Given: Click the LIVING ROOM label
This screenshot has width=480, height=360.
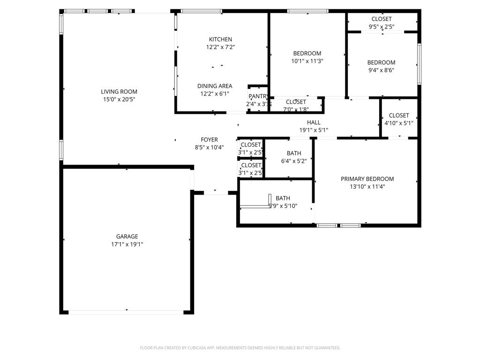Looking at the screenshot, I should [x=119, y=91].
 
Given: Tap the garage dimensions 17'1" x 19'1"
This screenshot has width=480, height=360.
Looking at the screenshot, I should [x=127, y=244].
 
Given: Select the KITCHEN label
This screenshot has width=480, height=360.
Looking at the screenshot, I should [x=220, y=39].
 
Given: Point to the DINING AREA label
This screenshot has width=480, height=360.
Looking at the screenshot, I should [x=215, y=86].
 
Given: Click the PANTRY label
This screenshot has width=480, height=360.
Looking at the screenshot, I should [x=258, y=96].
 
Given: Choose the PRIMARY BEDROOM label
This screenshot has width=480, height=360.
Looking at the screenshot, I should [x=367, y=179].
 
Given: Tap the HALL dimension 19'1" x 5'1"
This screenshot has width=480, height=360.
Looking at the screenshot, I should [x=314, y=130].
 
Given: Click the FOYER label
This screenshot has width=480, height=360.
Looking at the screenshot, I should [x=209, y=140].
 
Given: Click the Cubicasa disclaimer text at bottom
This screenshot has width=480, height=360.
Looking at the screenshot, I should [x=240, y=348].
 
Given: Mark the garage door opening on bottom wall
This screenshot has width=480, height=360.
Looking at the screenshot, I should [x=127, y=311].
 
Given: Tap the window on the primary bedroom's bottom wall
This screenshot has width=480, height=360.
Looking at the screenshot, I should [x=338, y=225].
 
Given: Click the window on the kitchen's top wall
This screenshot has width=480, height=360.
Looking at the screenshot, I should [x=201, y=11].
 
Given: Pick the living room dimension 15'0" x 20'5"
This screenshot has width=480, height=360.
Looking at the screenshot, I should [x=119, y=99].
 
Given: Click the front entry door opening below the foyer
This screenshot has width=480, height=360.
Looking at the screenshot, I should [x=215, y=193].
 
